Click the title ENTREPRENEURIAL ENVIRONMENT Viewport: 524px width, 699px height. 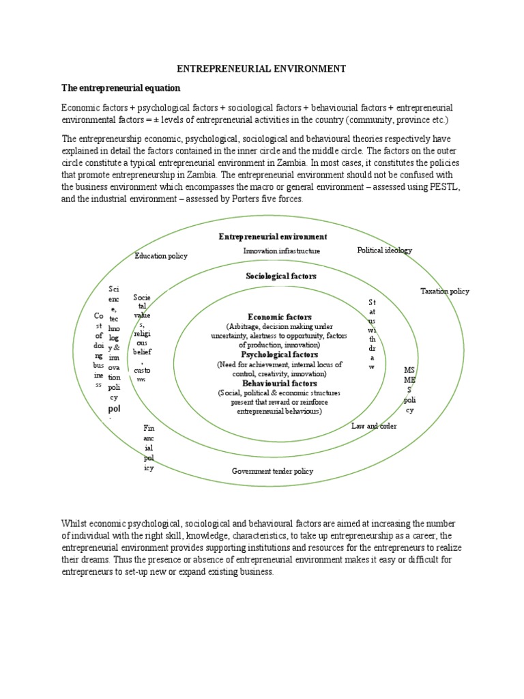pos(262,69)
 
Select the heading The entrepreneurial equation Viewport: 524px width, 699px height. pos(120,88)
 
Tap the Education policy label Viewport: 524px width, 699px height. pos(161,256)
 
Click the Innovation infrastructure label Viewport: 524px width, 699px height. pos(281,251)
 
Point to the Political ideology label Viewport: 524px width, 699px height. pos(384,251)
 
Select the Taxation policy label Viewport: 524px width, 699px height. pos(444,291)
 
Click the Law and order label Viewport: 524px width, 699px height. pos(374,426)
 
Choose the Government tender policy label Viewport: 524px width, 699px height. pos(272,471)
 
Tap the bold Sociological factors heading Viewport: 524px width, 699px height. pos(281,276)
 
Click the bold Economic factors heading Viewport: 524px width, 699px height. pos(280,317)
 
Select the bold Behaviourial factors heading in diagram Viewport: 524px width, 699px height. pos(280,384)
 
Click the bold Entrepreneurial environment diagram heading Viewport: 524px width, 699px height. pos(272,236)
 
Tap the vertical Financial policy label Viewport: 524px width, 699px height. pos(149,448)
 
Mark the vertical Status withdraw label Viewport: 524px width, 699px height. pos(372,334)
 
